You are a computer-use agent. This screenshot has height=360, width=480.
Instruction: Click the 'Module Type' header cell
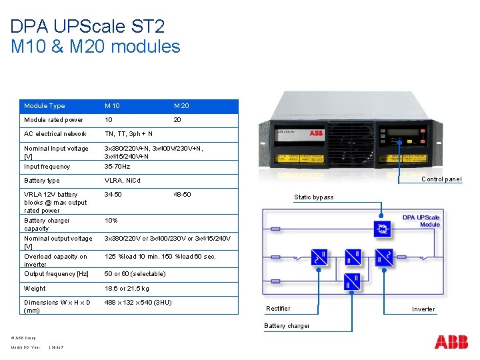(x=44, y=106)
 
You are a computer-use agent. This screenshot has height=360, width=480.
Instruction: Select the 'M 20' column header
(x=181, y=106)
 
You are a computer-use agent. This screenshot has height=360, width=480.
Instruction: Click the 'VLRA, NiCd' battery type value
(x=123, y=181)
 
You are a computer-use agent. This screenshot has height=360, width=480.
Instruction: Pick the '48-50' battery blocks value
(x=182, y=195)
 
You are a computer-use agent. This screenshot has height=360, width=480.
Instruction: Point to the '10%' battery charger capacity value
(x=111, y=221)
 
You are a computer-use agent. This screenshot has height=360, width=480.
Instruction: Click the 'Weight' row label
(x=35, y=289)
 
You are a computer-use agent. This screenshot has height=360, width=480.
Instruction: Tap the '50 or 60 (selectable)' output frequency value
(x=135, y=274)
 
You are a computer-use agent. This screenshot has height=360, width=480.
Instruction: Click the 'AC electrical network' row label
(x=55, y=134)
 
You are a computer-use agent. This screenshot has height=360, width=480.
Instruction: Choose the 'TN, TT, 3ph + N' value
(x=129, y=134)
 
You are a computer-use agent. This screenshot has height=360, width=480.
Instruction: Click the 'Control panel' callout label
(x=441, y=179)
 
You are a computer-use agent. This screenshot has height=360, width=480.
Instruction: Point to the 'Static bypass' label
(x=313, y=197)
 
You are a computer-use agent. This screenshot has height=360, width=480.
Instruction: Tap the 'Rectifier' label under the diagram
(x=278, y=308)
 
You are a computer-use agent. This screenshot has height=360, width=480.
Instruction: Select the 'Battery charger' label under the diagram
(x=287, y=326)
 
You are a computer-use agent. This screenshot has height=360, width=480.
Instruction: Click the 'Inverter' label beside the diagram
(x=423, y=309)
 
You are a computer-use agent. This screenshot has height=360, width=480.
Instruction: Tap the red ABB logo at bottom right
(x=451, y=342)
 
